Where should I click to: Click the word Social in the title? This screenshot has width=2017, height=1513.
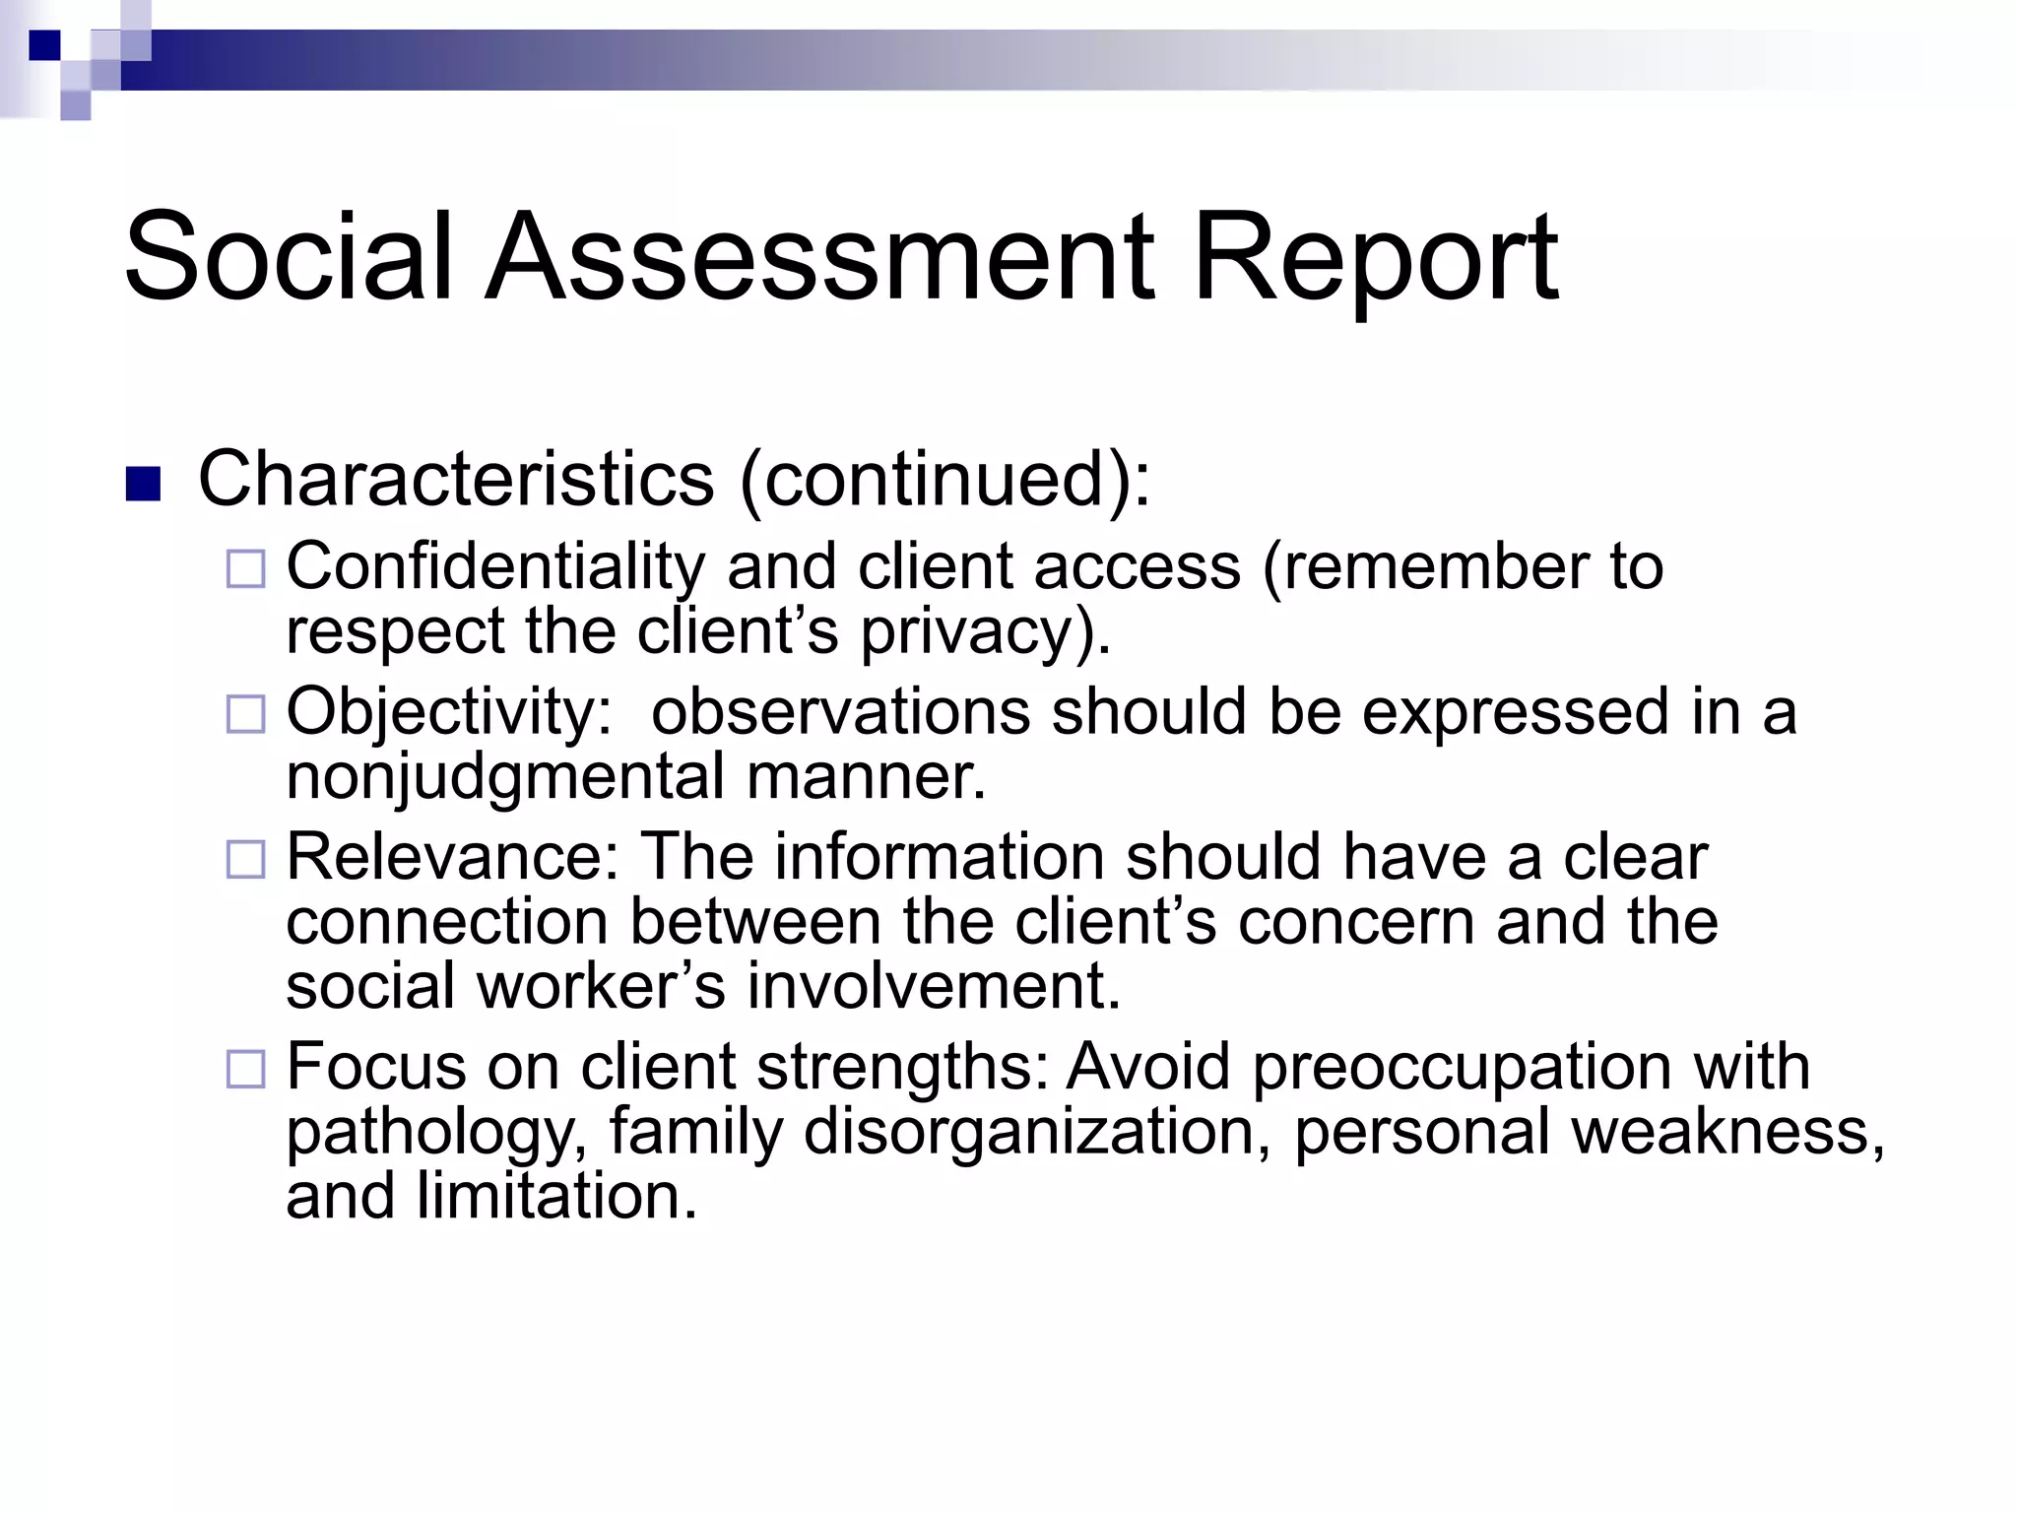[x=288, y=258]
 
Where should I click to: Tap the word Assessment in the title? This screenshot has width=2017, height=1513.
[x=819, y=258]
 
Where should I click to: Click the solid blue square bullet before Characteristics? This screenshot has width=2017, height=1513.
[x=144, y=484]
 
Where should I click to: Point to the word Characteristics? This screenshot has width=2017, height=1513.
[x=456, y=480]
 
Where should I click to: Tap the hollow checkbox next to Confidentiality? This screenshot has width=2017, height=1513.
[x=246, y=569]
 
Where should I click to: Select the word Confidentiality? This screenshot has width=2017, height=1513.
[x=495, y=568]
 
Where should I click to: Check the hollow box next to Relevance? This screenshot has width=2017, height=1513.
[x=246, y=859]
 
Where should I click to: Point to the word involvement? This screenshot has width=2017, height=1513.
[x=934, y=987]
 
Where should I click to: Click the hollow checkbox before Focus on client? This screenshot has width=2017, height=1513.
[x=246, y=1069]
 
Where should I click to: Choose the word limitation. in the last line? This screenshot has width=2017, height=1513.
[x=556, y=1198]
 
